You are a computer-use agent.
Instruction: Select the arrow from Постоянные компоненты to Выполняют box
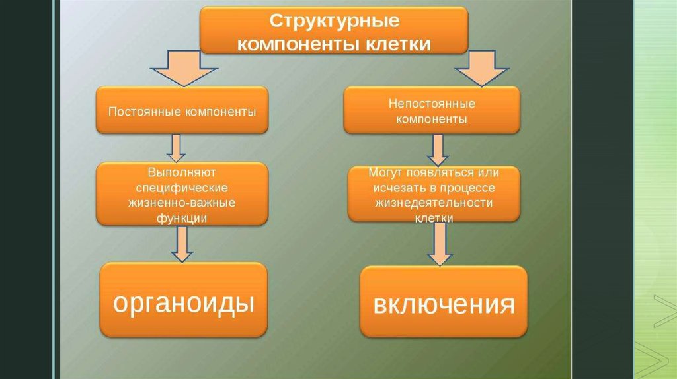[177, 148]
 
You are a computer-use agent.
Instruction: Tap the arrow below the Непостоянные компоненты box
[436, 150]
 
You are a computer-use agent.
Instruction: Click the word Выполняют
[182, 173]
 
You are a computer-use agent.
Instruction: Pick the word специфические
[182, 188]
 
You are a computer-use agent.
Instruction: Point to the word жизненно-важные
[182, 202]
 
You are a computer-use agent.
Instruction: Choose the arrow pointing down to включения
[440, 244]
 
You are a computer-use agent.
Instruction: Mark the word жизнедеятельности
[434, 202]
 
